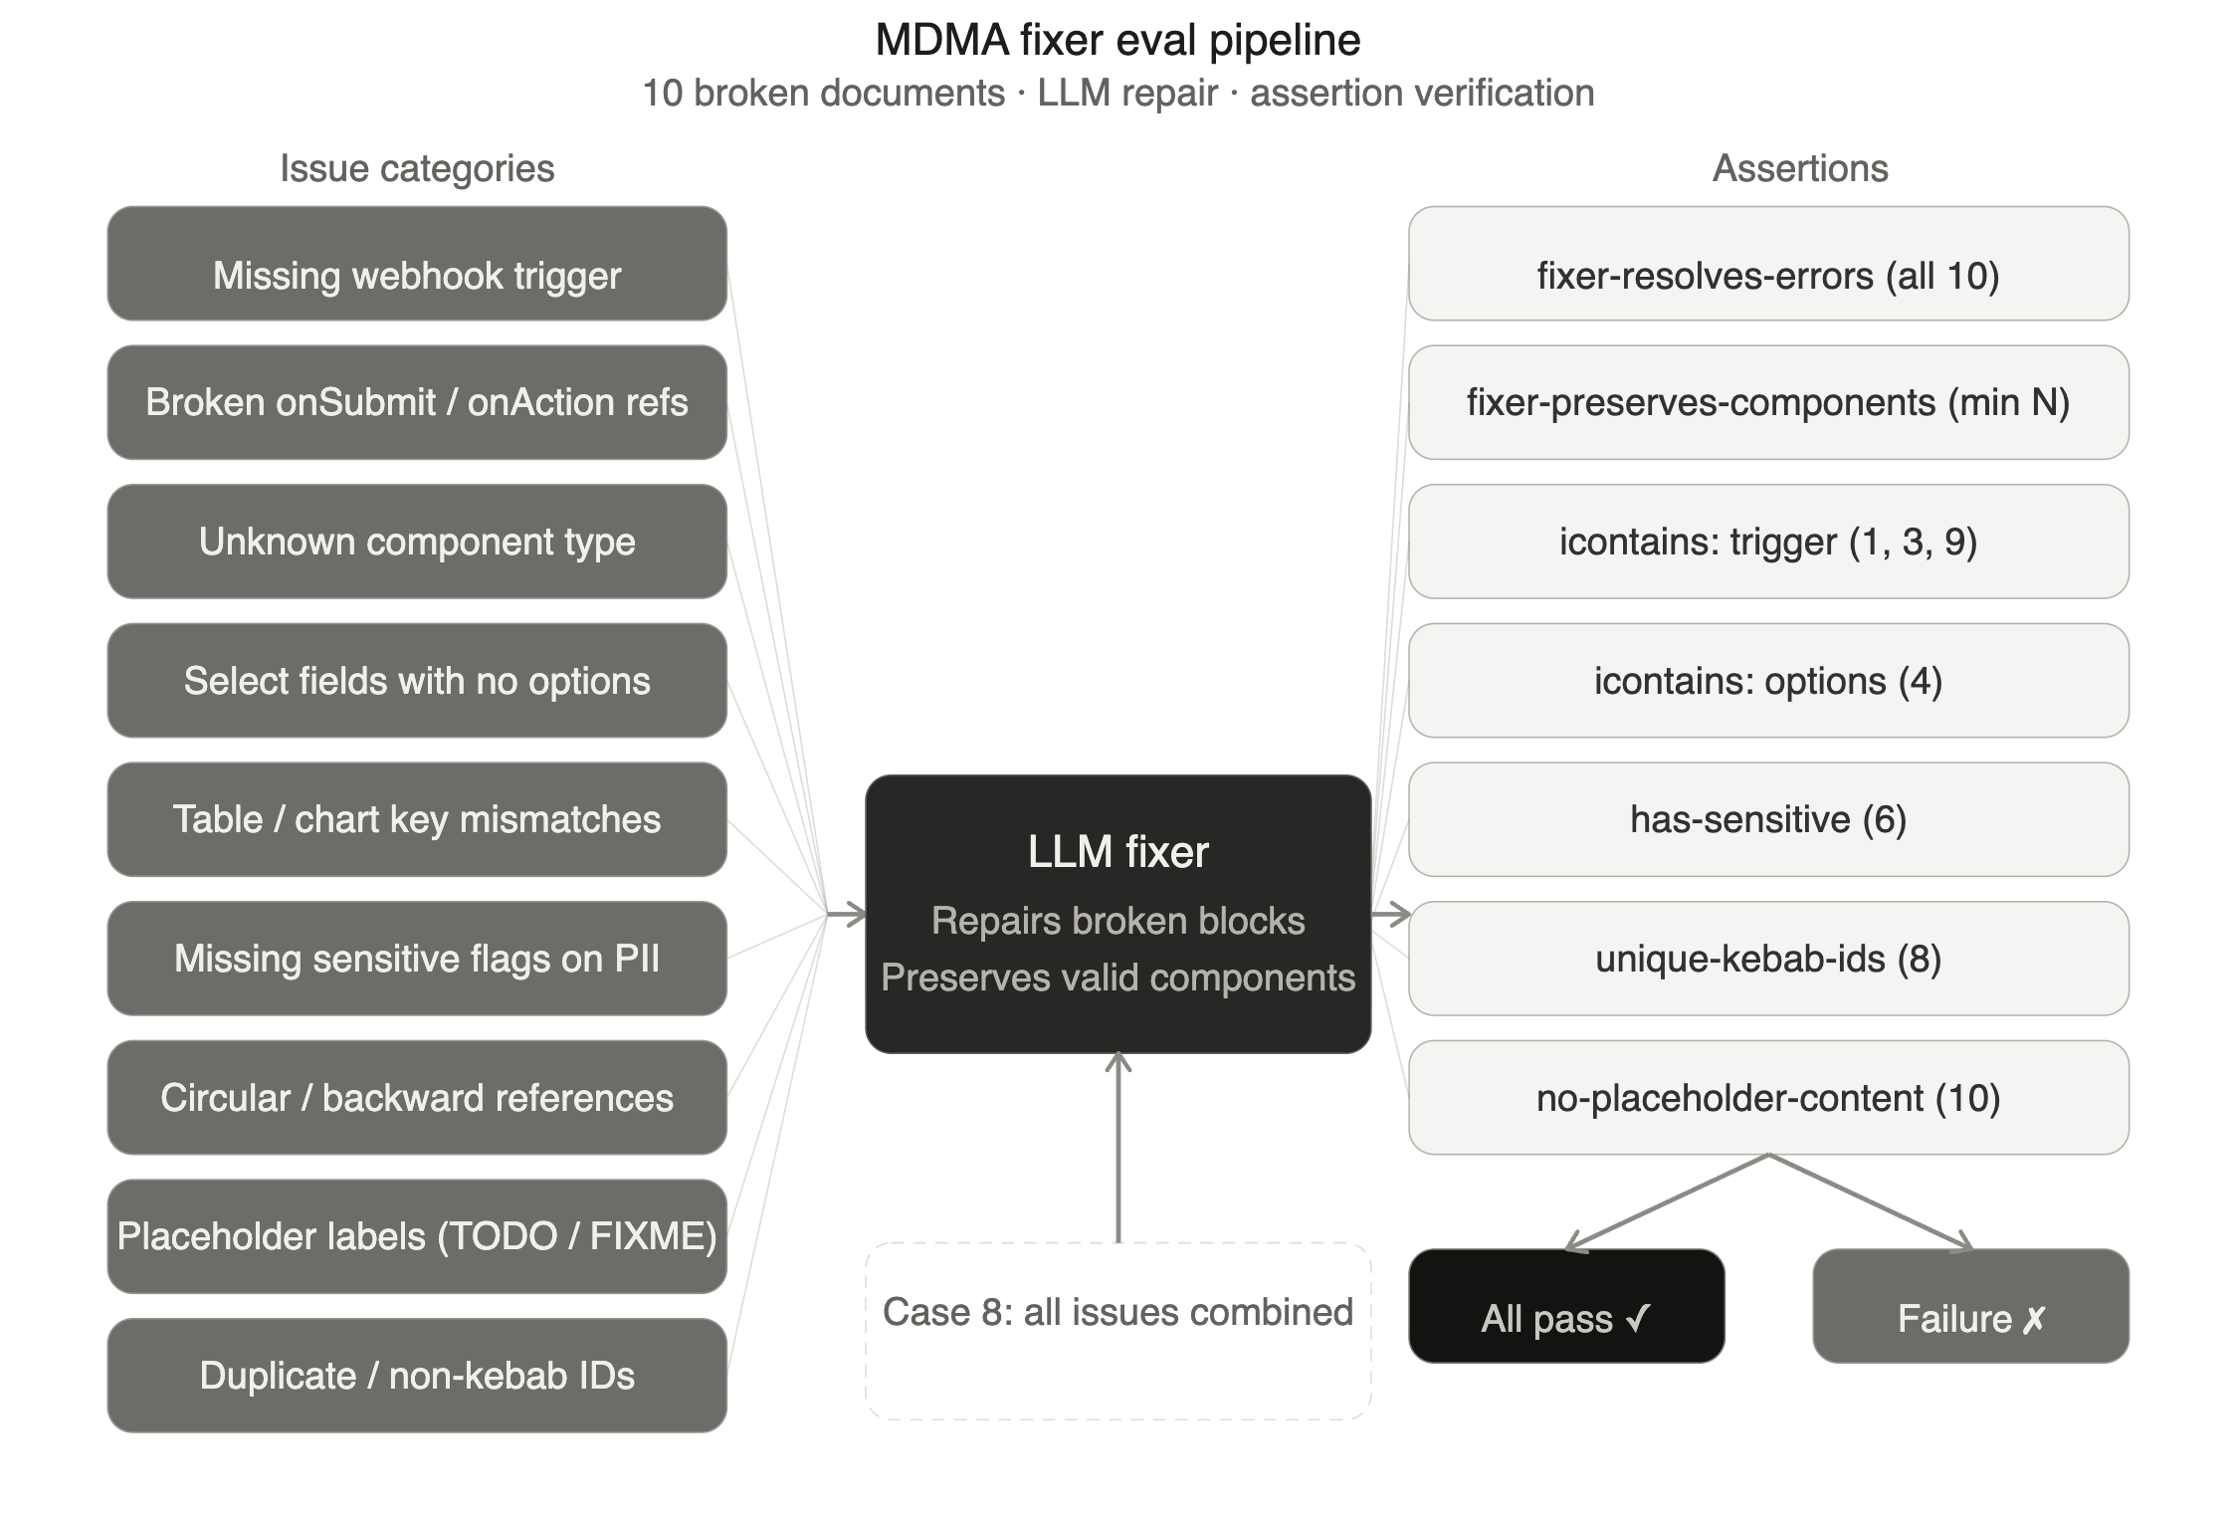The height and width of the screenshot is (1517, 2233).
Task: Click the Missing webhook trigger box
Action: pos(417,264)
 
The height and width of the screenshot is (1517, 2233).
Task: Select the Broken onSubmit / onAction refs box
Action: pos(417,402)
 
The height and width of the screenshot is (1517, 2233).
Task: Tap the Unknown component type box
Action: pos(417,542)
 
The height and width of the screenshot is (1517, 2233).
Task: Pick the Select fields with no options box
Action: pos(417,681)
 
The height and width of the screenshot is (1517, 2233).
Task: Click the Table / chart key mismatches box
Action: pos(417,819)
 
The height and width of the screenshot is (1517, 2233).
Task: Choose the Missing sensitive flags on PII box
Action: pos(417,959)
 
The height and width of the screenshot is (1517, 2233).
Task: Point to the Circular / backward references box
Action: pos(417,1098)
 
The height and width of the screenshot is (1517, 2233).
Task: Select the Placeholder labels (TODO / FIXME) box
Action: pos(417,1236)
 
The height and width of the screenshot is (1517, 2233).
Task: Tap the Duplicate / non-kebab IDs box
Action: pos(417,1376)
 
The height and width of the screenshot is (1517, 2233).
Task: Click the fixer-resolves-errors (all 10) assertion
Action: pos(1768,264)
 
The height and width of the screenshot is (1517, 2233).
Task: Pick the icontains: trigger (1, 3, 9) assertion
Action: pos(1768,542)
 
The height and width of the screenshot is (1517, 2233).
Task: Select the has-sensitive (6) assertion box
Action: pos(1768,819)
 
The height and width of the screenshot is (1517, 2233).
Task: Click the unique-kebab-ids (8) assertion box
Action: pos(1768,959)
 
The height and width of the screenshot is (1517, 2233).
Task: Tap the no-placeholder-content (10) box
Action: pos(1768,1098)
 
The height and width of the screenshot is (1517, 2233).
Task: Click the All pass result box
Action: pos(1566,1306)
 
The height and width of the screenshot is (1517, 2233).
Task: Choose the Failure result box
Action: pos(1970,1306)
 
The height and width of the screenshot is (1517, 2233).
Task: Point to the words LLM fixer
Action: pos(1118,852)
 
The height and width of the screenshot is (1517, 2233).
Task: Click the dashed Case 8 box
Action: pos(1118,1331)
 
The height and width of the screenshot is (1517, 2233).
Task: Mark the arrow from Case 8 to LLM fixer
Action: pos(1118,1148)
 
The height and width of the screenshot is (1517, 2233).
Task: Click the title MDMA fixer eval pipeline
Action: pos(1117,41)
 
